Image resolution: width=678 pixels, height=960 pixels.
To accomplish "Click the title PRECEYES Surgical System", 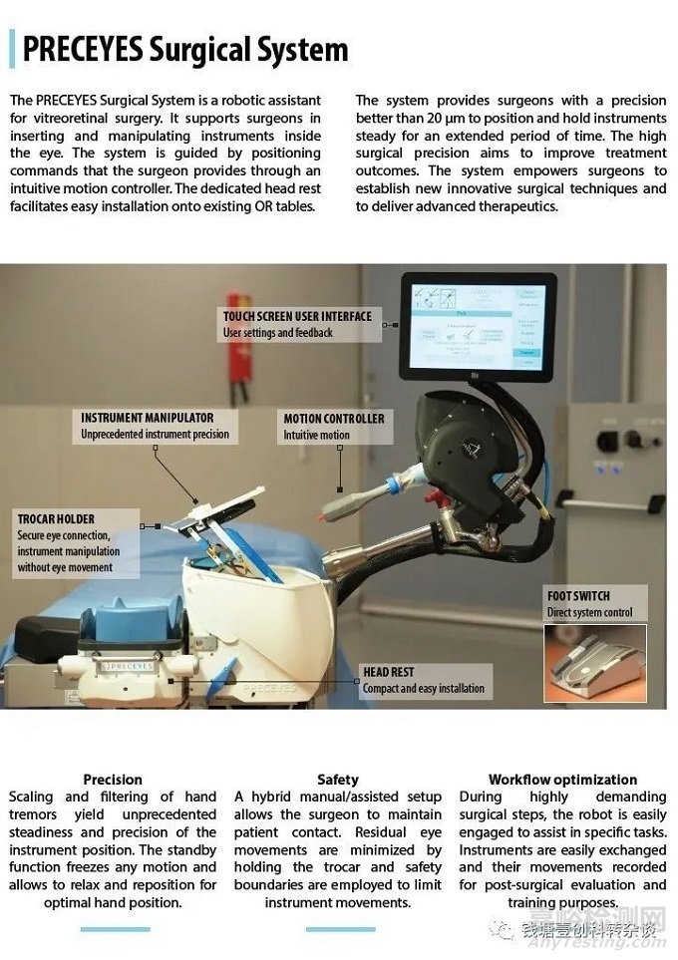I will click(x=185, y=49).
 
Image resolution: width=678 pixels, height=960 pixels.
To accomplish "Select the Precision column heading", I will click(x=113, y=780).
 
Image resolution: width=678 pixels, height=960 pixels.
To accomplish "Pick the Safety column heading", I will click(x=338, y=780).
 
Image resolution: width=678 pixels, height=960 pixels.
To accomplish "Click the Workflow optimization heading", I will click(x=562, y=780).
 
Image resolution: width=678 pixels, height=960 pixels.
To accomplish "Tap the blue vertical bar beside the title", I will click(x=12, y=49).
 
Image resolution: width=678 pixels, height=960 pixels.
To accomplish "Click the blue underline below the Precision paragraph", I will click(x=115, y=929).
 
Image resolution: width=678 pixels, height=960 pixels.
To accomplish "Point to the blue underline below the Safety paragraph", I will click(x=340, y=929).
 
